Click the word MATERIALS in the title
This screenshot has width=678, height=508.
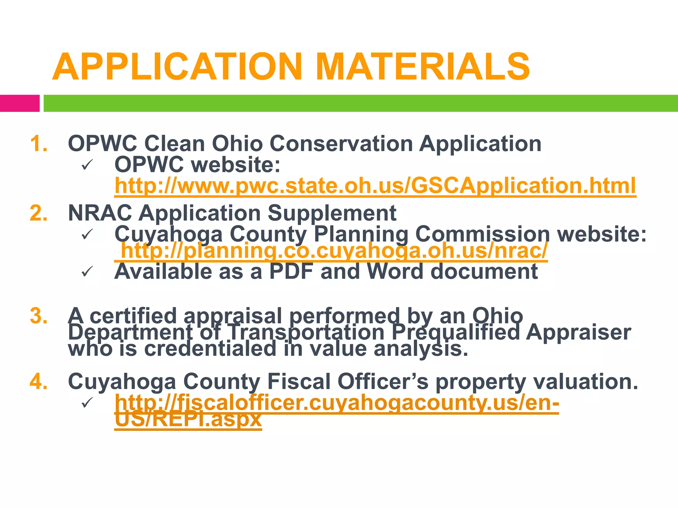(423, 67)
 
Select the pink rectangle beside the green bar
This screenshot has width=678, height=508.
(20, 103)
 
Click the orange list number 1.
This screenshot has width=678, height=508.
(39, 144)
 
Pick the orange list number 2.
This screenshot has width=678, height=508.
(39, 213)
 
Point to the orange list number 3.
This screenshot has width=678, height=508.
(39, 316)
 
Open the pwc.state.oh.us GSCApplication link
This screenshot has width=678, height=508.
(375, 186)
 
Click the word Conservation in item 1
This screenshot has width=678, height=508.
(341, 144)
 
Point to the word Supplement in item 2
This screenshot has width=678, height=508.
(332, 213)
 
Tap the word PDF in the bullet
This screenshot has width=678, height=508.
(291, 272)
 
